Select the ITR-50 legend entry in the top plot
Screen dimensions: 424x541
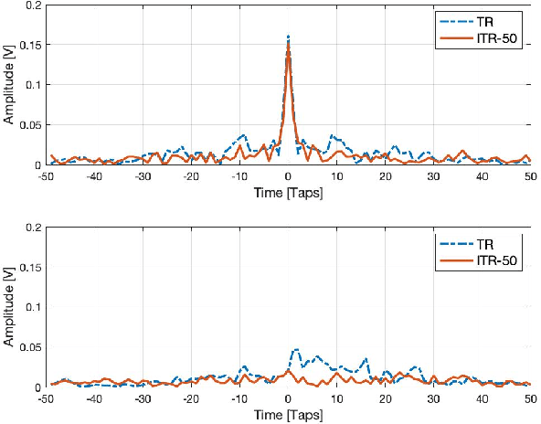[x=483, y=39]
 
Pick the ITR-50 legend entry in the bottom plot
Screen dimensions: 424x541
[x=483, y=261]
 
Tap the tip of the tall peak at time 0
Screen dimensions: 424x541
[x=288, y=37]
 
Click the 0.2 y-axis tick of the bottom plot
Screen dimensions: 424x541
[x=28, y=227]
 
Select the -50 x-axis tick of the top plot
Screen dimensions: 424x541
[x=44, y=176]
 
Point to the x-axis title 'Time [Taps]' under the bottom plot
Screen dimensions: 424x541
[x=288, y=413]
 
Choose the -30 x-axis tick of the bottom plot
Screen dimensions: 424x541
[x=142, y=398]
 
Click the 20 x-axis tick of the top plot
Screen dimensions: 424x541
[x=385, y=176]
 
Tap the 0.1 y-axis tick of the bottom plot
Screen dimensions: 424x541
[x=28, y=307]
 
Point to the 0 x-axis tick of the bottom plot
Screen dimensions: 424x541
[x=288, y=398]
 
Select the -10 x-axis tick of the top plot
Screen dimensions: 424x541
[x=239, y=176]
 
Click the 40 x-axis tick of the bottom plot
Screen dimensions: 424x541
[x=482, y=398]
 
